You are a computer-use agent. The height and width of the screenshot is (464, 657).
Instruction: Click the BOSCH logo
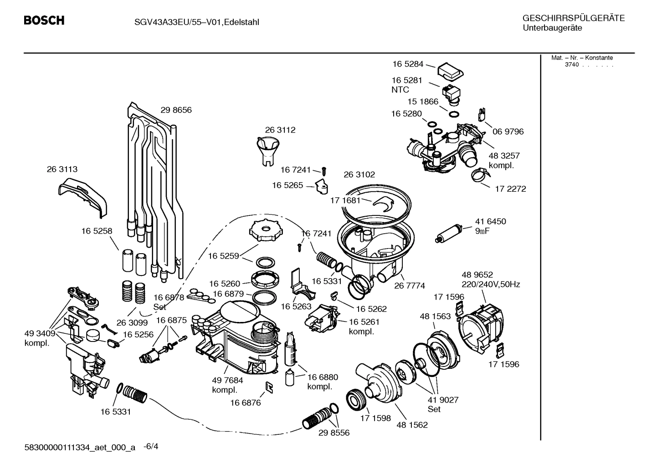click(x=44, y=20)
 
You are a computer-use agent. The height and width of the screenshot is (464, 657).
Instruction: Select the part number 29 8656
click(x=176, y=110)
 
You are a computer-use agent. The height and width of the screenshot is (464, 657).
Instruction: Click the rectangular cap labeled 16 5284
click(x=450, y=69)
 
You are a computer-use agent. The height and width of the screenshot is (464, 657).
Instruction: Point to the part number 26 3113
click(x=62, y=169)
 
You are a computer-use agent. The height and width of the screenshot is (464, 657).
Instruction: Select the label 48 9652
click(x=477, y=275)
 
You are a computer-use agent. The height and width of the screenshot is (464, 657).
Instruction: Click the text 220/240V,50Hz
click(x=491, y=285)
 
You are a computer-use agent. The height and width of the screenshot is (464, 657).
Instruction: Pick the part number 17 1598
click(x=375, y=418)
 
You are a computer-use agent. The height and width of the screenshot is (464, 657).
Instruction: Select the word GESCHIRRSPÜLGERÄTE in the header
click(x=573, y=18)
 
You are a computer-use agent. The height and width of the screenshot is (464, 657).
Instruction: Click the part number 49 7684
click(x=227, y=380)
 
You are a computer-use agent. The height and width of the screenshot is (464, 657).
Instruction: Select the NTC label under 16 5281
click(x=400, y=90)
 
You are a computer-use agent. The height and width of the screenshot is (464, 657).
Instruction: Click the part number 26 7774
click(x=409, y=286)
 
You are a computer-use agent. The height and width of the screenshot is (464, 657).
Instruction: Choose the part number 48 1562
click(x=412, y=424)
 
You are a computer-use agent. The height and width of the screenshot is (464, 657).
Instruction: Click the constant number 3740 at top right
click(x=571, y=65)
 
